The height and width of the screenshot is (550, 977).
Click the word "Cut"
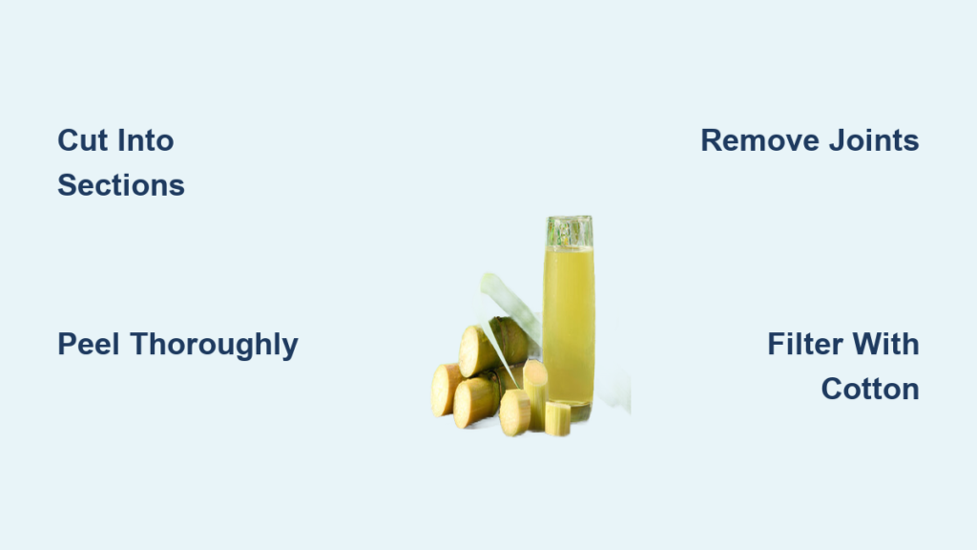click(82, 140)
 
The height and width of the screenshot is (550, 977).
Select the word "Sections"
click(121, 185)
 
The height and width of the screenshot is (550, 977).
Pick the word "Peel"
click(89, 344)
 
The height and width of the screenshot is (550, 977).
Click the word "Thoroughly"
click(215, 345)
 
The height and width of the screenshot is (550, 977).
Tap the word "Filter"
click(805, 344)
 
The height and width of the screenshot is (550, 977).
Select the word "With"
click(885, 344)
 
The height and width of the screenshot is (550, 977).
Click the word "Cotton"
click(870, 390)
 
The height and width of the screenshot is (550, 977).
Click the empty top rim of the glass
click(570, 231)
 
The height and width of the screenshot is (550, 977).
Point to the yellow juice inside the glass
click(569, 325)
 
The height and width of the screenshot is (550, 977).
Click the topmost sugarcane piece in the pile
click(492, 345)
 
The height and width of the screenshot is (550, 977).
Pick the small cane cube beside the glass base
click(557, 418)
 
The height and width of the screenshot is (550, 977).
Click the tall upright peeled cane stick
click(535, 392)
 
